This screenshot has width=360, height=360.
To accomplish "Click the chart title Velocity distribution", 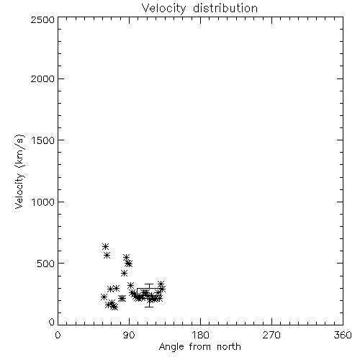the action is tap(199, 9).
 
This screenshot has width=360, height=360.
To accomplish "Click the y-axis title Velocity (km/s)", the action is tap(19, 171).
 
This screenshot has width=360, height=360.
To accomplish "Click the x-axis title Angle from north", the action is tap(199, 346).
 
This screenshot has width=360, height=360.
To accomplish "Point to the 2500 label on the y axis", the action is tap(42, 19).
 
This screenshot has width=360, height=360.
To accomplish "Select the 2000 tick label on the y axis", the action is tap(42, 78).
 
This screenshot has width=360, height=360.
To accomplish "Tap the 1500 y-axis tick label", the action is tap(43, 140).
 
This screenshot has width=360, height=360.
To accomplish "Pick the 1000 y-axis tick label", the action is tap(43, 202).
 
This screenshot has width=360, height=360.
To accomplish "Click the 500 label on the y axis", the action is tap(46, 264).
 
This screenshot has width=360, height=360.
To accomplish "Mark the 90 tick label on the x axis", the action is tap(129, 335).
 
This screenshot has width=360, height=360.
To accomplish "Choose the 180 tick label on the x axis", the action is tap(200, 335).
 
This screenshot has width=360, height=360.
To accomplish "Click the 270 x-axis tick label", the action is tap(271, 335).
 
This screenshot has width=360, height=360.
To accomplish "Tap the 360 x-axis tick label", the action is tap(343, 335).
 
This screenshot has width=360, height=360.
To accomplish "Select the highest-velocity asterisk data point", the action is tap(105, 246).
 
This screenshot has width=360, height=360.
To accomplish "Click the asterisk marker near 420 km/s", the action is tap(124, 273).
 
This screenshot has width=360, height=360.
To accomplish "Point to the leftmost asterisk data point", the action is tap(104, 297).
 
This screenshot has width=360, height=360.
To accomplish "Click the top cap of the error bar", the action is tap(149, 284).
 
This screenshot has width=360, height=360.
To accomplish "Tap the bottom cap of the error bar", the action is tap(149, 307).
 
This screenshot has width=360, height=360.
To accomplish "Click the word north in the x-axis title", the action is tap(229, 346).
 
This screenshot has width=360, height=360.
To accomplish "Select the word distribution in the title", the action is tap(225, 9).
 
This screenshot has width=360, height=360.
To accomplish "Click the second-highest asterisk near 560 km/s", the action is tap(107, 256).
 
